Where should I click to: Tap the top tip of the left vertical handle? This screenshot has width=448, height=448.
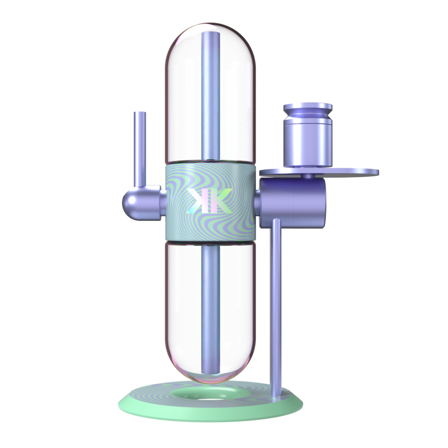click(x=140, y=112)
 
